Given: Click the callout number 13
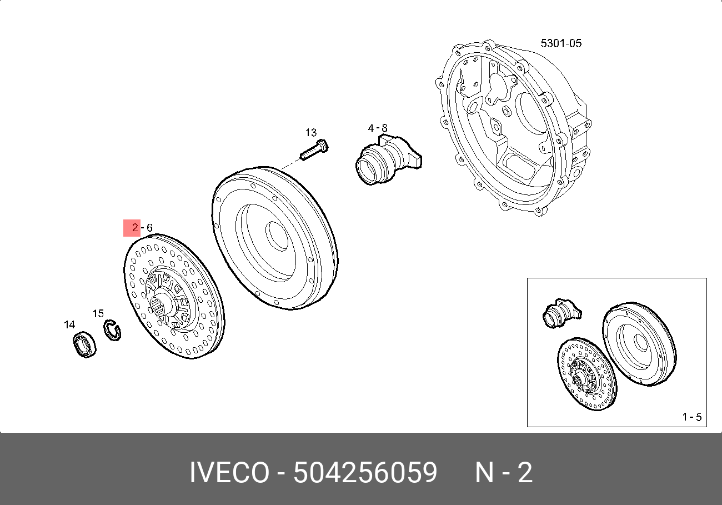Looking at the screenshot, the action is (x=311, y=133).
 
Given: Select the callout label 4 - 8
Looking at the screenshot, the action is (x=378, y=128).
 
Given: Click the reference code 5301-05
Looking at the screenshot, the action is (x=561, y=43).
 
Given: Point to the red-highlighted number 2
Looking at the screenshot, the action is (x=135, y=227).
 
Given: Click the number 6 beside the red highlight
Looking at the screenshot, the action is (x=149, y=228).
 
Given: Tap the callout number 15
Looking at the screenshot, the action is (x=98, y=313).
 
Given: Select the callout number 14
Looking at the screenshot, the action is (x=69, y=324).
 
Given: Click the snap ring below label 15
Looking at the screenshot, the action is (x=113, y=330).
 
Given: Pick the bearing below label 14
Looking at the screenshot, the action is (x=84, y=344).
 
